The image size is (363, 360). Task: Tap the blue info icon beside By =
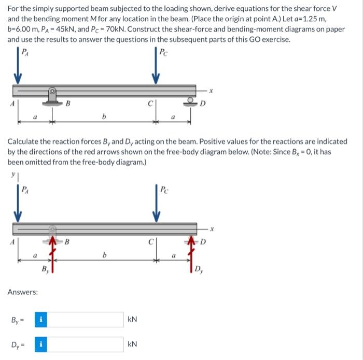click(x=40, y=319)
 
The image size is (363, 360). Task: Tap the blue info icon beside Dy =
click(x=40, y=344)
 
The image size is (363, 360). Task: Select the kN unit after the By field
click(x=132, y=320)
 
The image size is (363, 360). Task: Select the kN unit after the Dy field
click(x=132, y=344)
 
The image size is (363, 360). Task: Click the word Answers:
click(x=22, y=292)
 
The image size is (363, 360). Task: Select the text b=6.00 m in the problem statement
click(x=24, y=30)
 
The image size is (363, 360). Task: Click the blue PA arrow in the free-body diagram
click(x=17, y=207)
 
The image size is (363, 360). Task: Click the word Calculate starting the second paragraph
click(x=25, y=141)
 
